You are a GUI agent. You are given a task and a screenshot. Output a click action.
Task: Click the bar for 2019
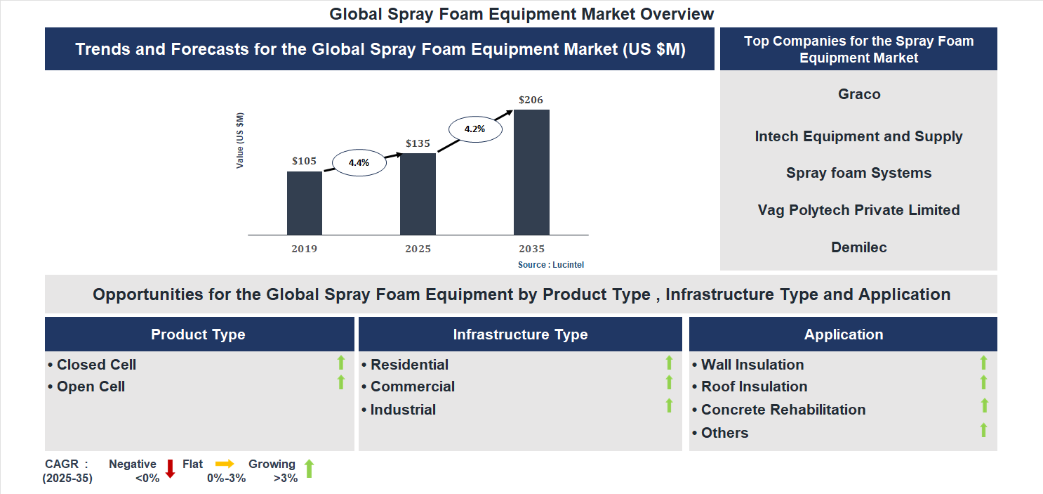coord(305,203)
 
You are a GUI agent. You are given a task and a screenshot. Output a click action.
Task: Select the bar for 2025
coord(418,194)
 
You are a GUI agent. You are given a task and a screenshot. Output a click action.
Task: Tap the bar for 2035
coord(531,172)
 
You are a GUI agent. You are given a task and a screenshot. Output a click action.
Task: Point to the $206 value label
coord(531,100)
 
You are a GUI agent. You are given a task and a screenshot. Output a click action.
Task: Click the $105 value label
coord(304,161)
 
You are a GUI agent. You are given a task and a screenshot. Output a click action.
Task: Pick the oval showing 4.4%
coord(359,162)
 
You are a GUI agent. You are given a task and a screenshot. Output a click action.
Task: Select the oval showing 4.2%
coord(475,129)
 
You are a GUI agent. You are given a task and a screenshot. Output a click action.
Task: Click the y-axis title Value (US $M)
coord(240,141)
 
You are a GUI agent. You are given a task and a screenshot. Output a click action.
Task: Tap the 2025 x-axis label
coord(418,249)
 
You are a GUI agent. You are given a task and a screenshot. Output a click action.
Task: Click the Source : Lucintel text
coord(551,265)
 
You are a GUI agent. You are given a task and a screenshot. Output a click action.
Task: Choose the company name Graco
coord(859,94)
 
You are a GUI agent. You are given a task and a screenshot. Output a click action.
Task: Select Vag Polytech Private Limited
coord(859,210)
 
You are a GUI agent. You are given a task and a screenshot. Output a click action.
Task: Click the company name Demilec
coord(859,247)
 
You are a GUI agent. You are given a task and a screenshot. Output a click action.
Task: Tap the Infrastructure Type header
coord(520,334)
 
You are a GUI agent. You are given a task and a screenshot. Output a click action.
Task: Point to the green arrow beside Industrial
coord(669,405)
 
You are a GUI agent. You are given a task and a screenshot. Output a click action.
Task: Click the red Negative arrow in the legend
coord(170,469)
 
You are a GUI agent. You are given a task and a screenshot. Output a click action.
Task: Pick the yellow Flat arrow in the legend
coord(225,464)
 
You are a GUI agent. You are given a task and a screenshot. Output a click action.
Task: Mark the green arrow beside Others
coord(983,429)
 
